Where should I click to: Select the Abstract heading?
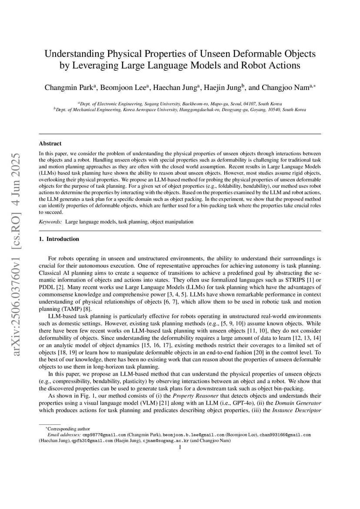tap(50, 143)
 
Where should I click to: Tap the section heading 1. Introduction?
tap(59, 239)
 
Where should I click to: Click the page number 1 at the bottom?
tap(180, 446)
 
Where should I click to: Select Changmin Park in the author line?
tap(70, 87)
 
